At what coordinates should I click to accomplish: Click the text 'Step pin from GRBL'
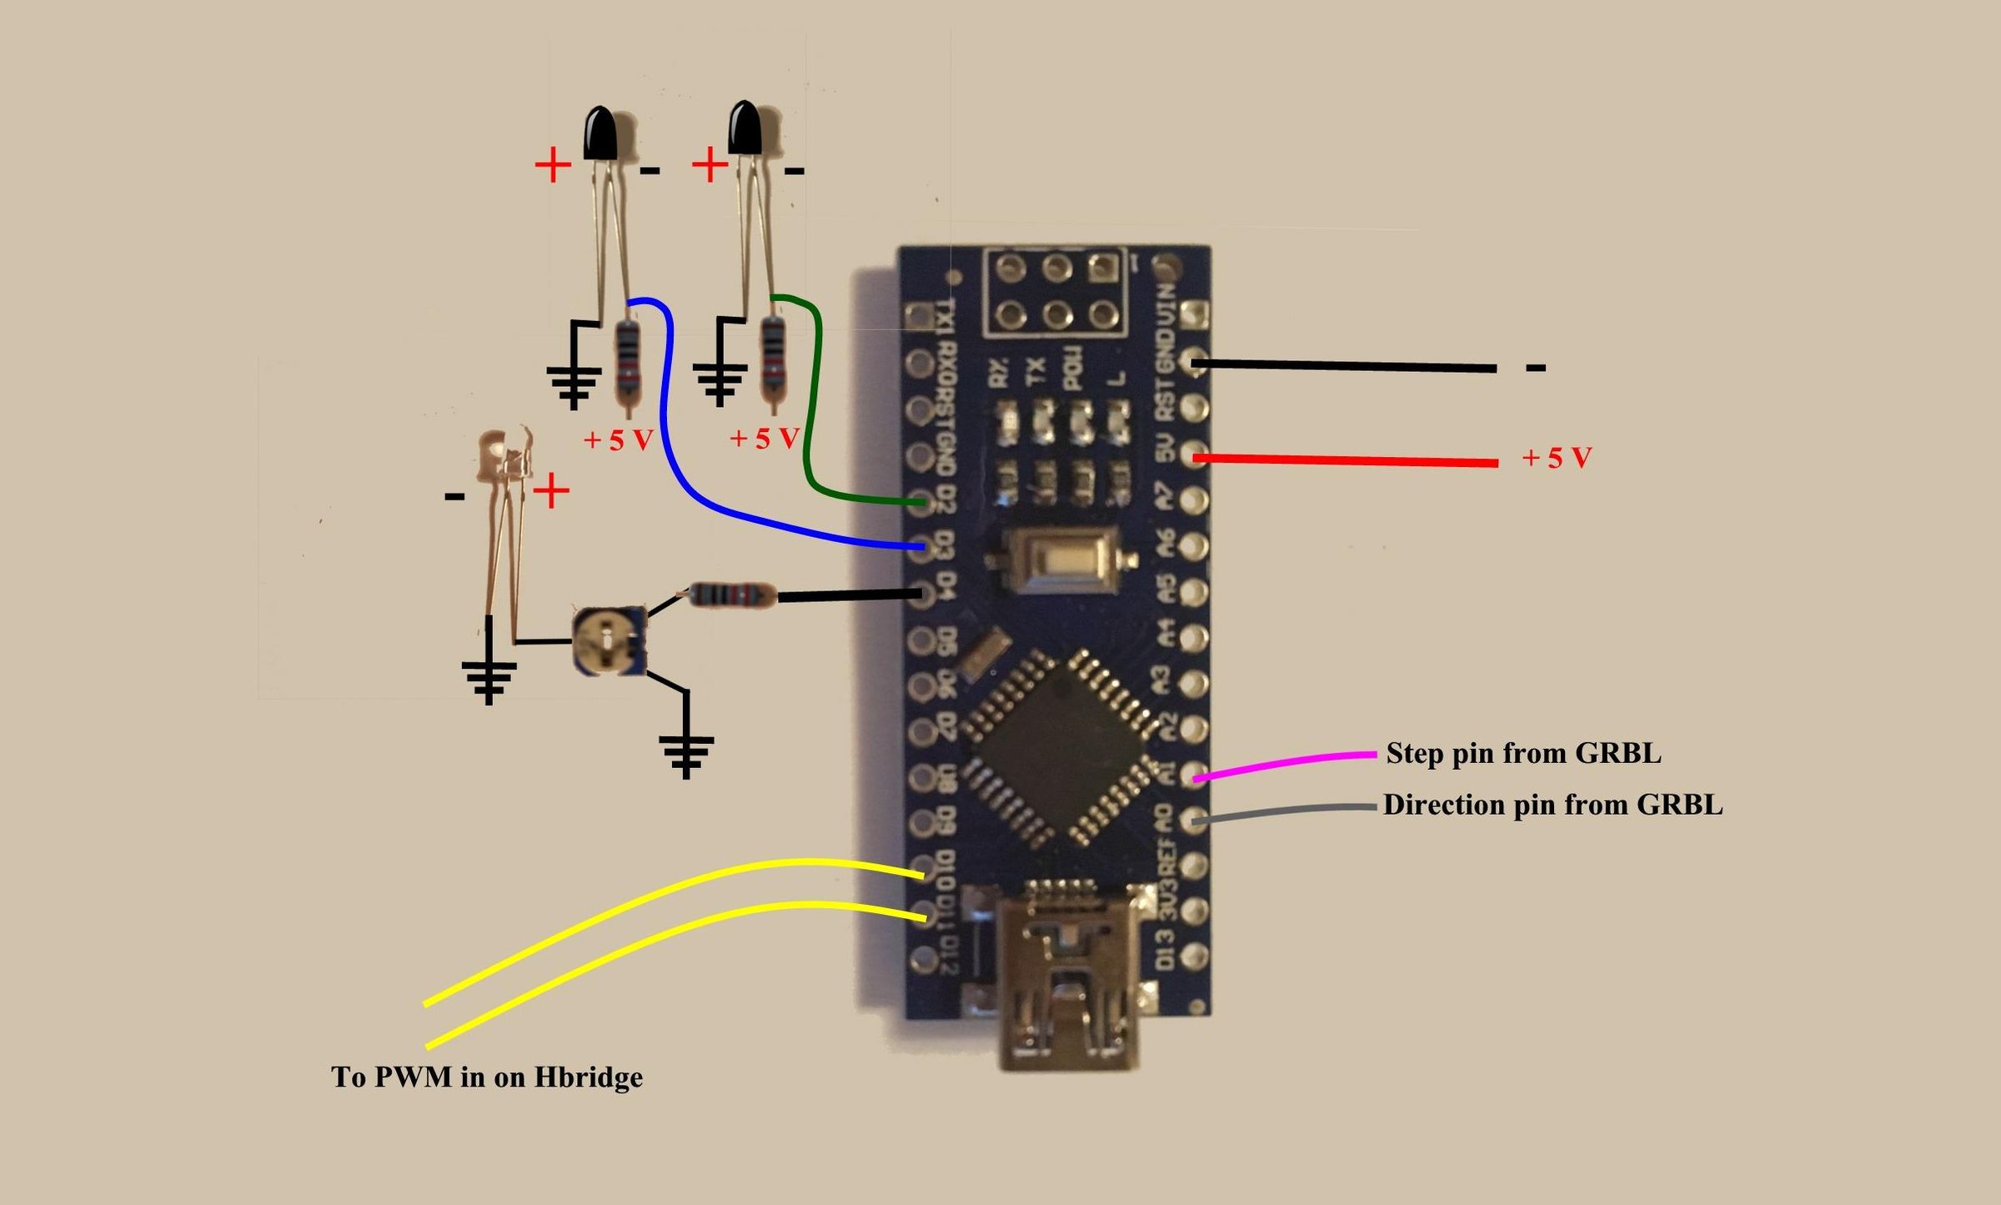coord(1523,753)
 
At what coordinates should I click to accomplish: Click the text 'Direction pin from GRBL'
coord(1552,805)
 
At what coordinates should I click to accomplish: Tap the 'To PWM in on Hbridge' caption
coord(487,1077)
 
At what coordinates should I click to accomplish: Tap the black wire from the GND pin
coord(1342,365)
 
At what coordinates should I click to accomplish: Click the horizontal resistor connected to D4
coord(730,595)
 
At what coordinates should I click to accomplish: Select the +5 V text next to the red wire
coord(1557,458)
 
